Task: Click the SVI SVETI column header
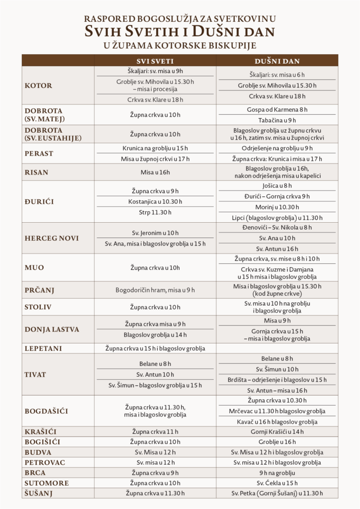pos(155,61)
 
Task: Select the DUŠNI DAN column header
pos(277,61)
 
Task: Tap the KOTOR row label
pos(38,85)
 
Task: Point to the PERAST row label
pos(39,154)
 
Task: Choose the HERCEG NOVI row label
pos(52,238)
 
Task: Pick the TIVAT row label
pos(36,375)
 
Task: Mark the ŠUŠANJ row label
pos(39,493)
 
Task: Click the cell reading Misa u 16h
pos(155,172)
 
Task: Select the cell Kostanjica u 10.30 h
pos(155,201)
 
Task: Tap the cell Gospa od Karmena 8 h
pos(277,109)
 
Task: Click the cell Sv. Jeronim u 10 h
pos(155,233)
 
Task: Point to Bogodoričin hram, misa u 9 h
pos(155,290)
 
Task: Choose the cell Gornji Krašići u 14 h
pos(277,431)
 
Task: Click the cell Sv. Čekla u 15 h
pos(277,483)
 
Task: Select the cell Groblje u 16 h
pos(277,442)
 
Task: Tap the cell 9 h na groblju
pos(277,472)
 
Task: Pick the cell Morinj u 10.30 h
pos(277,207)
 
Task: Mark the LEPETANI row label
pos(43,348)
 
